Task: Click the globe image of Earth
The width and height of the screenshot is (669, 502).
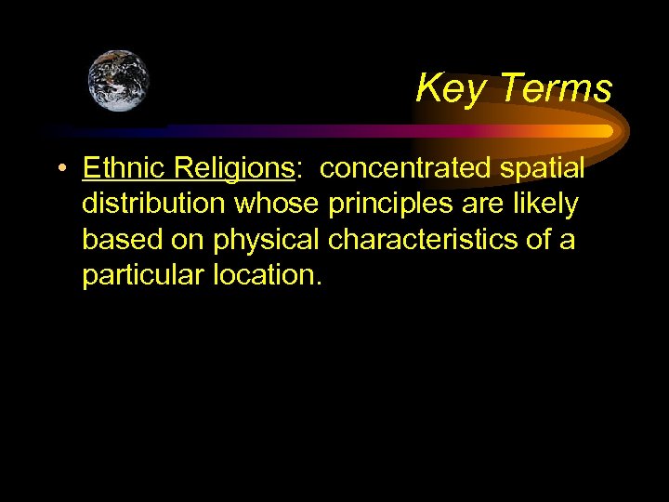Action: click(x=118, y=81)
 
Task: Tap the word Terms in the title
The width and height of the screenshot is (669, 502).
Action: click(x=556, y=88)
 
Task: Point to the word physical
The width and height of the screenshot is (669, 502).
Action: click(x=267, y=240)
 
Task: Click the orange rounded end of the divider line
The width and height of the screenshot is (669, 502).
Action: click(x=607, y=131)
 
